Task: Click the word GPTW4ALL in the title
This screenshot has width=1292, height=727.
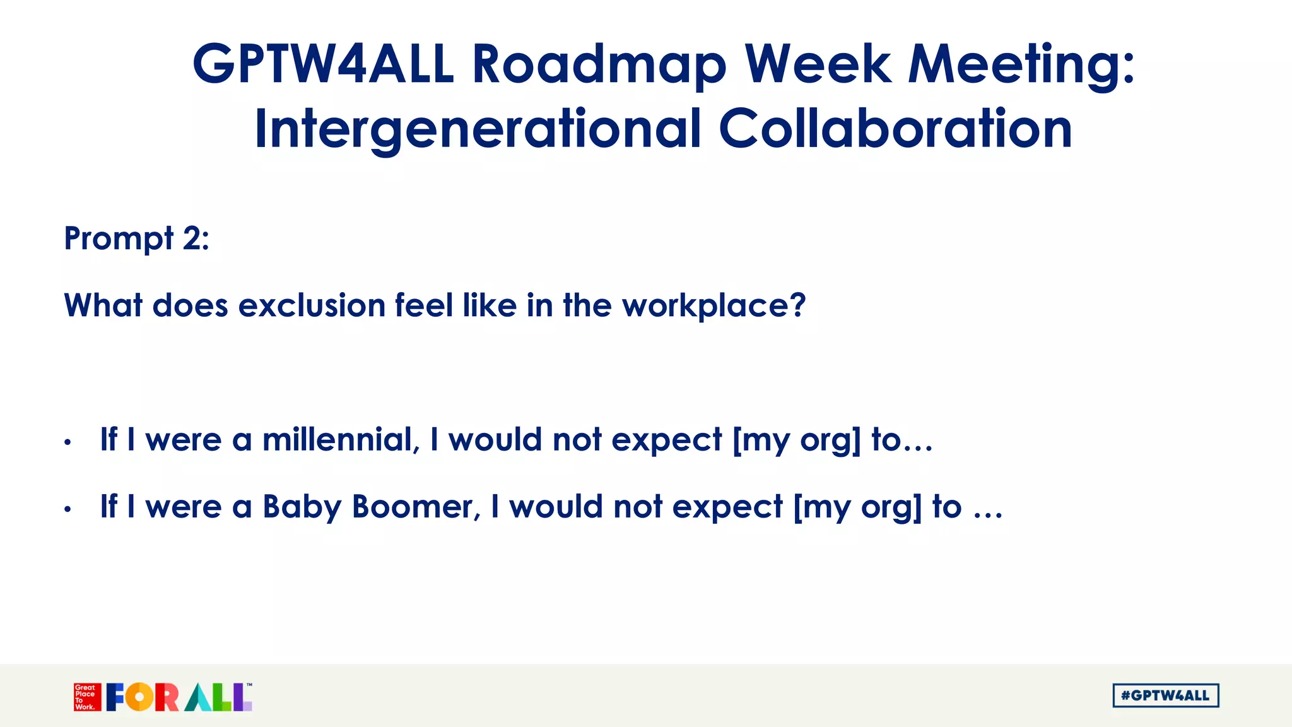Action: pyautogui.click(x=323, y=64)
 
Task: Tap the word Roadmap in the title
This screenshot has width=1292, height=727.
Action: pyautogui.click(x=599, y=65)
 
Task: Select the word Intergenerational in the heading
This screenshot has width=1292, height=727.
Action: pyautogui.click(x=478, y=129)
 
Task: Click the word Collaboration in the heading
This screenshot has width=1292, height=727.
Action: pyautogui.click(x=895, y=129)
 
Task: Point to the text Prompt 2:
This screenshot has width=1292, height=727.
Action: pyautogui.click(x=136, y=239)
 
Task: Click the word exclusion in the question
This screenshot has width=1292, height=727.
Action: pyautogui.click(x=312, y=306)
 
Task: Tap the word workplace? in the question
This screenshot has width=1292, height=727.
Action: pyautogui.click(x=714, y=306)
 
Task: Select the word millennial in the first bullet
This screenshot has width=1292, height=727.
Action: pyautogui.click(x=338, y=439)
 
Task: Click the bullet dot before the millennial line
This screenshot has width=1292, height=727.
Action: pyautogui.click(x=68, y=442)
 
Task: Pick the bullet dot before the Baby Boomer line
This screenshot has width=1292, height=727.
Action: pyautogui.click(x=68, y=509)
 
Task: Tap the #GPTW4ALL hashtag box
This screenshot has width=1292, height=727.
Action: pyautogui.click(x=1165, y=695)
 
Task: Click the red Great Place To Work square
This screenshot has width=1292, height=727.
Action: pyautogui.click(x=87, y=697)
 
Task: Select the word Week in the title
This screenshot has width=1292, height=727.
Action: pyautogui.click(x=818, y=64)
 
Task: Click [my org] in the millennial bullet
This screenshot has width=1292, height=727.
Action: pyautogui.click(x=796, y=440)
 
